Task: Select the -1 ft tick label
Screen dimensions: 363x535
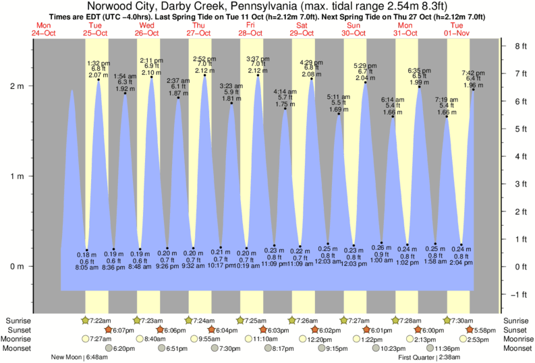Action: coord(520,294)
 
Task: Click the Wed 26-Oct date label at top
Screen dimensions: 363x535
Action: coord(147,29)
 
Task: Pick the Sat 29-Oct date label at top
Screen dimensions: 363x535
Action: coord(302,29)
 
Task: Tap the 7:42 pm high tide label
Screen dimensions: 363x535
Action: coord(472,73)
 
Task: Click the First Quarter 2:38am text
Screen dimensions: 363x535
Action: coord(429,358)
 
